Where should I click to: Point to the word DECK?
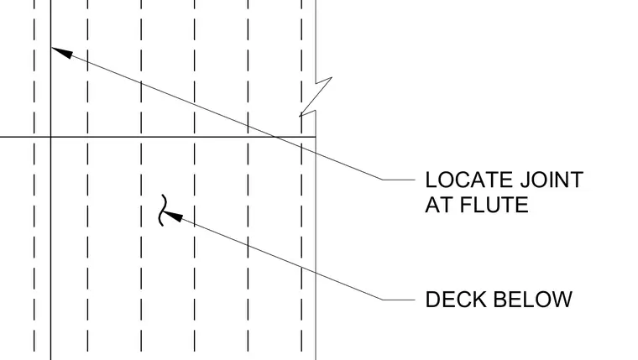pos(456,300)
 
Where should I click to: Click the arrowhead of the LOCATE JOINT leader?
pos(62,53)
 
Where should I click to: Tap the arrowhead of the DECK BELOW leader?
pos(173,216)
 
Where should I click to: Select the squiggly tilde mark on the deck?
pos(163,210)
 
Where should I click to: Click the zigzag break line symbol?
pos(316,97)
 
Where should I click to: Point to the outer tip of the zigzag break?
pos(332,77)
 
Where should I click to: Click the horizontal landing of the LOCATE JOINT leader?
pos(399,180)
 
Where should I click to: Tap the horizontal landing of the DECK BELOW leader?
pos(399,300)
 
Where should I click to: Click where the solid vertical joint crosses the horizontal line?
pos(51,137)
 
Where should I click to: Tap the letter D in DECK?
pos(432,300)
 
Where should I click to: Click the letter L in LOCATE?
pos(431,180)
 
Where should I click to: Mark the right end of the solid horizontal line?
pos(316,137)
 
